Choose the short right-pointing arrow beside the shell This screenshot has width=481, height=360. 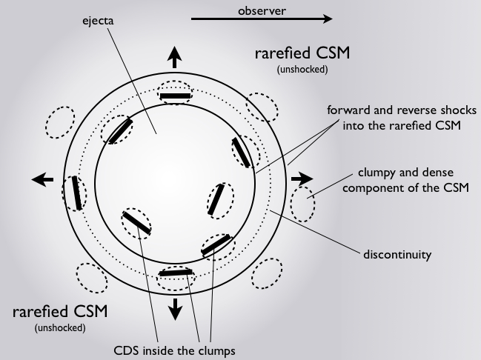tap(302, 179)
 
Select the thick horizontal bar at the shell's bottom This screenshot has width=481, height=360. tap(174, 273)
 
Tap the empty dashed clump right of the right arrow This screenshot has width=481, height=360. tap(302, 203)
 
